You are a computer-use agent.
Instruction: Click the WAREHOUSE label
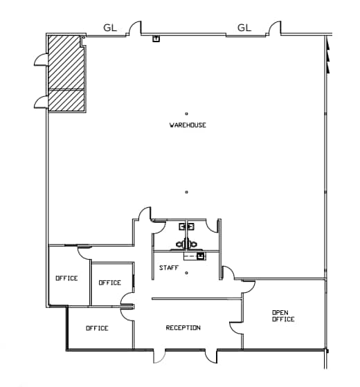coord(188,125)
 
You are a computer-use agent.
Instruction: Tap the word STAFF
coord(168,267)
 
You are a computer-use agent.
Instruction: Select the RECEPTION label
coord(183,327)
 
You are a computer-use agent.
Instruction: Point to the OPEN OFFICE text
coord(283,316)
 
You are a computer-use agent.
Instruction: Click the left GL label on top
coord(110,28)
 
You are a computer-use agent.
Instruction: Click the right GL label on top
coord(244,28)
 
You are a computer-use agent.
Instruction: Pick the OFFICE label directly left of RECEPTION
coord(97,328)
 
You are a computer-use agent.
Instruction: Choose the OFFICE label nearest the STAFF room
coord(109,282)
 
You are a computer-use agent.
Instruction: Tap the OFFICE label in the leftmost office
coord(66,278)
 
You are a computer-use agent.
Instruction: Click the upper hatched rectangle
coord(65,62)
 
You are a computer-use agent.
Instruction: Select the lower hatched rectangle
coord(66,100)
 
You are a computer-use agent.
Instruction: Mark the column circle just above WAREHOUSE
coord(187,114)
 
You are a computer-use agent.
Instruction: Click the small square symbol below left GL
coord(156,38)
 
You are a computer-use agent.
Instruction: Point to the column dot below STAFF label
coord(187,273)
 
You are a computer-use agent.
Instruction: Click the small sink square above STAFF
coord(201,255)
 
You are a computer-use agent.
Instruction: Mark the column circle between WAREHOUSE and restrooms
coord(187,192)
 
